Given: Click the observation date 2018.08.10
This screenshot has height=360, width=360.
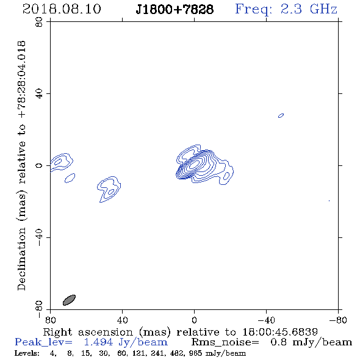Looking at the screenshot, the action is click(62, 9).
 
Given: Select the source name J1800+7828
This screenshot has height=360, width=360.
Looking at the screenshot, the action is click(175, 9).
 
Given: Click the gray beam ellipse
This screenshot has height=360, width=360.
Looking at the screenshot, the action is click(69, 300).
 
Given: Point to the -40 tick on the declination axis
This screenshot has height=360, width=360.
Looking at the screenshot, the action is click(39, 237).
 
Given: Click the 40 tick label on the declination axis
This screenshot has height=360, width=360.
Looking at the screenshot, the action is click(39, 94).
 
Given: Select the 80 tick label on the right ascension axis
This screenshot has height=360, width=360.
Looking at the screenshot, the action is click(50, 320).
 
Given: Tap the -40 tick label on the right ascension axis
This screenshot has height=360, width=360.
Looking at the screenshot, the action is click(266, 320).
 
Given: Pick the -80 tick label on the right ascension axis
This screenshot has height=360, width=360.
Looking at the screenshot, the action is click(338, 320).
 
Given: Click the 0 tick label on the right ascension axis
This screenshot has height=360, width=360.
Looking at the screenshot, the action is click(194, 320).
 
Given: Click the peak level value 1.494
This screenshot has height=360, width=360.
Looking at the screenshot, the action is click(98, 342).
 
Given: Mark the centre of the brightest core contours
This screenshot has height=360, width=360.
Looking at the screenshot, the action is click(195, 164).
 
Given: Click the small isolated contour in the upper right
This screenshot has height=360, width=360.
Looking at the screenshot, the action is click(281, 115).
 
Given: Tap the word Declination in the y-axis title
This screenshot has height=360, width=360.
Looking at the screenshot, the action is click(21, 259).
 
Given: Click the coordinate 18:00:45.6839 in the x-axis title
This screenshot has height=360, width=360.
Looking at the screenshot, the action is click(280, 332).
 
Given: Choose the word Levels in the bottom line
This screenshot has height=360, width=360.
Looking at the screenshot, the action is click(27, 353).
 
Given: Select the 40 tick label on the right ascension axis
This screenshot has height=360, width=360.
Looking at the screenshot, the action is click(122, 320).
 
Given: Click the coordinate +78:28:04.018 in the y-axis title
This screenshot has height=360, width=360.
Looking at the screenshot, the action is click(21, 80).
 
